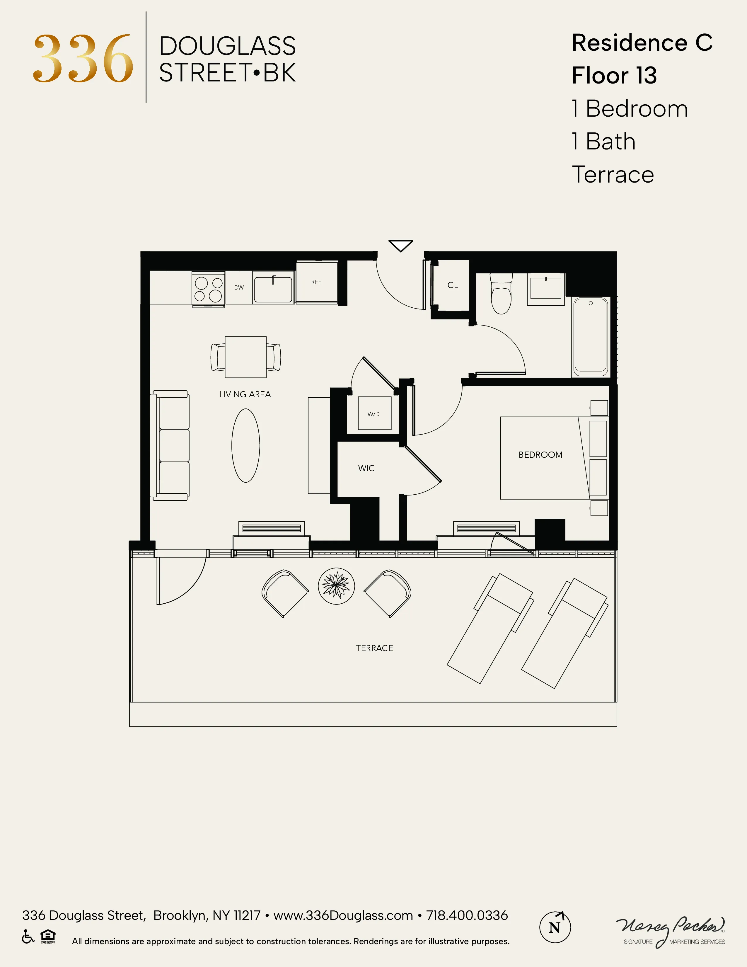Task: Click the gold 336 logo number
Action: [83, 59]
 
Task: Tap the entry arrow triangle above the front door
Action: [400, 245]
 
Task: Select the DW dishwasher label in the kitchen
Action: [239, 287]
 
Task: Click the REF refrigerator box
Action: [316, 282]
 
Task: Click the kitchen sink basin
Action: [273, 290]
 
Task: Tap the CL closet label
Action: [453, 285]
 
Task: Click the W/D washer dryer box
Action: [374, 413]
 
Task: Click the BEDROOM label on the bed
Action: [540, 455]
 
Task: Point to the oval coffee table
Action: [245, 445]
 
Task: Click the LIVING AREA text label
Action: [245, 394]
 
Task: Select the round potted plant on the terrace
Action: [336, 586]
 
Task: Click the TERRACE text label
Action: [374, 648]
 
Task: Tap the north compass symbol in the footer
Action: [555, 927]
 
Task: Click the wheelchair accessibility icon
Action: [28, 937]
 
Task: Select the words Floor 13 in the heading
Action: [614, 75]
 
